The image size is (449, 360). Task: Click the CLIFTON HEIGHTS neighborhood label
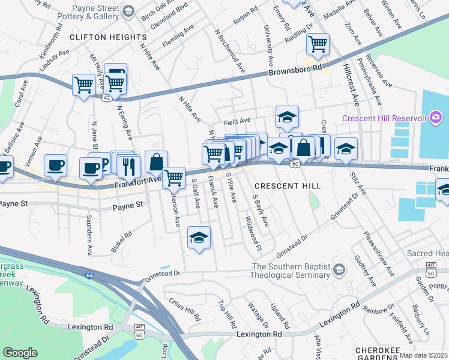point(100,37)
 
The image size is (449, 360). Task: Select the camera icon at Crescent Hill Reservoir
point(436,118)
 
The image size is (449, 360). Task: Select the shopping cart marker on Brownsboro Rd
point(317,44)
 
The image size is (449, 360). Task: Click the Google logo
point(20,352)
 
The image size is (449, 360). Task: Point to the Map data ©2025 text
point(423,355)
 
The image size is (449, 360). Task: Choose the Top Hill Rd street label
point(228,314)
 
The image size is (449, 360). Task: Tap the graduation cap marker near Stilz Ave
point(346,148)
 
